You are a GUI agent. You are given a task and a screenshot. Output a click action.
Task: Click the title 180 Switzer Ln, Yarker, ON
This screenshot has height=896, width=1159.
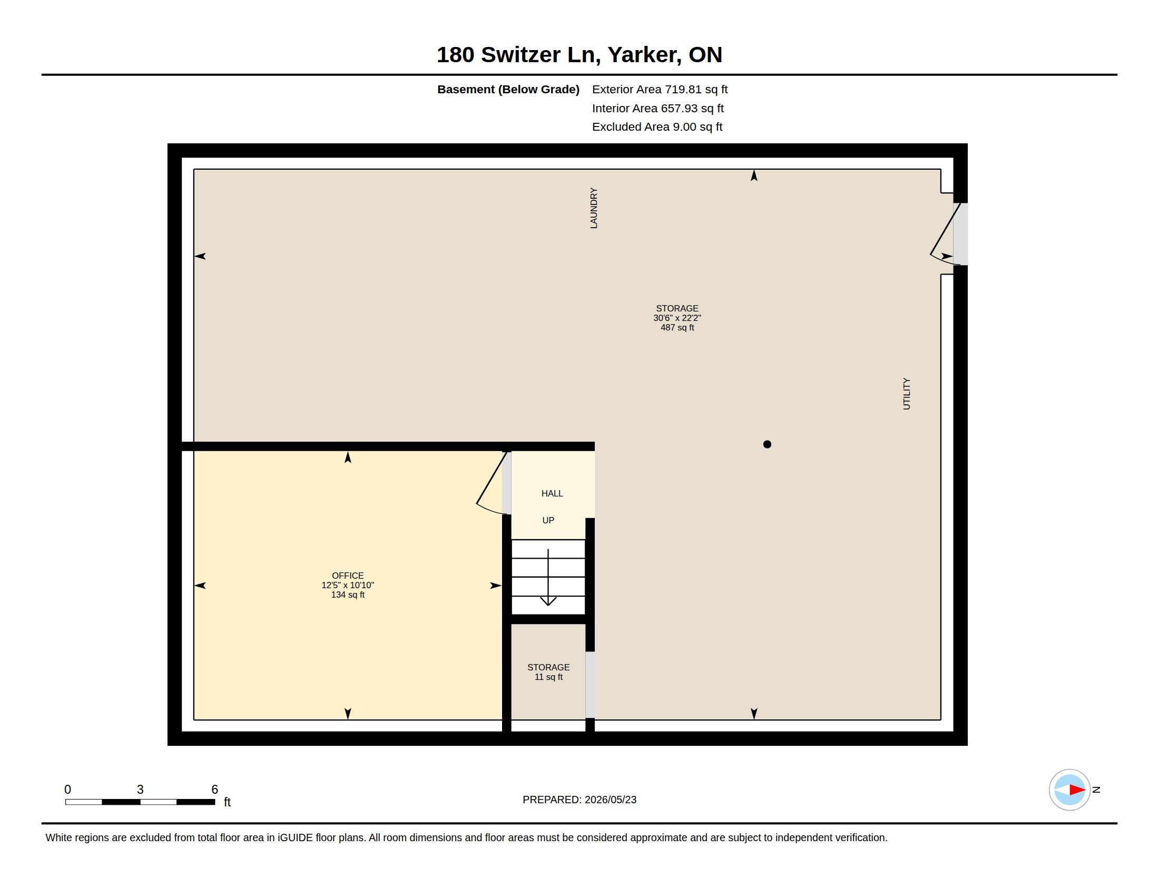click(x=579, y=55)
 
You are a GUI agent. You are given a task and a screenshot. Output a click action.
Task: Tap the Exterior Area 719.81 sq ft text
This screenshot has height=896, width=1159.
click(x=660, y=90)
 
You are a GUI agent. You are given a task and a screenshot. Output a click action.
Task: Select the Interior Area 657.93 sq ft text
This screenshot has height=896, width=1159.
click(x=657, y=108)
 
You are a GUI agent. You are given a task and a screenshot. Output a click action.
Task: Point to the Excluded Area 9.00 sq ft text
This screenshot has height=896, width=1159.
click(x=657, y=127)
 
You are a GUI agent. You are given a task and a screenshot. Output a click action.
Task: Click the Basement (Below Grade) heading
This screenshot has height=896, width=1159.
click(x=508, y=90)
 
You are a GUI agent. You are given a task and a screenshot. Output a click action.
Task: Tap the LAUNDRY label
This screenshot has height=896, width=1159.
click(x=594, y=208)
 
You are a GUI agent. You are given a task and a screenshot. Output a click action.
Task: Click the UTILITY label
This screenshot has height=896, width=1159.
click(x=907, y=394)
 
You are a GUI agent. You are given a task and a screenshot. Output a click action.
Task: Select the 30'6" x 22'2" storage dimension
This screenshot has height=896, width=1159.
click(x=676, y=318)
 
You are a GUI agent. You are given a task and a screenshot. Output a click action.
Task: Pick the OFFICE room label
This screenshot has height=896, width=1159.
click(x=348, y=576)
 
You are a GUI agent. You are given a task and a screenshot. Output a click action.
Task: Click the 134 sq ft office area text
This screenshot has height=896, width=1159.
click(x=348, y=595)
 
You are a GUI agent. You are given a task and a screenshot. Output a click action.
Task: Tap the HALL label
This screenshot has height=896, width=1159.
click(x=552, y=494)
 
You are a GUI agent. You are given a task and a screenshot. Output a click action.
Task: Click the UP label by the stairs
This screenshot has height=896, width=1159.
click(x=548, y=520)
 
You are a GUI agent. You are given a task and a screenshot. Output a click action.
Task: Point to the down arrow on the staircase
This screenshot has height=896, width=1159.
click(x=548, y=578)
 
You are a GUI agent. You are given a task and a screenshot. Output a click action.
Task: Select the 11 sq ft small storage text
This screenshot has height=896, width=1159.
click(x=548, y=677)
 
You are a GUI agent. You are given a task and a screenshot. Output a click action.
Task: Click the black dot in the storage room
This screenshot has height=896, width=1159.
click(x=767, y=444)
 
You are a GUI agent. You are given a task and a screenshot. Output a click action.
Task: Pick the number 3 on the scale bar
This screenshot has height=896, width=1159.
click(x=140, y=790)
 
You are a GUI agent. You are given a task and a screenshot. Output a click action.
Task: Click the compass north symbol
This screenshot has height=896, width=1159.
click(x=1069, y=790)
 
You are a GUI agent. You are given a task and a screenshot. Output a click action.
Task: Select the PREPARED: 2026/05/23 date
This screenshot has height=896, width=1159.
click(x=579, y=800)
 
